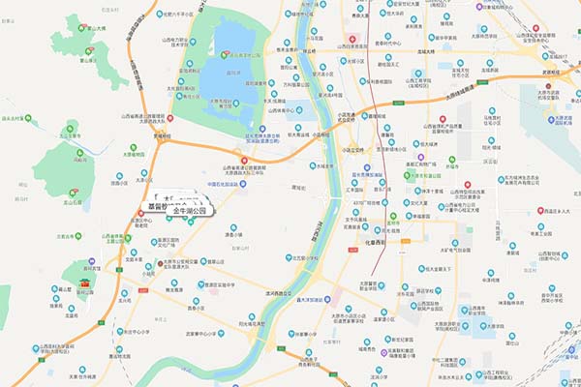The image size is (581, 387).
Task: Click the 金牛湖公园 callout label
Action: [196, 210]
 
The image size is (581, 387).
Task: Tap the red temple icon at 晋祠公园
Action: [86, 283]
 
